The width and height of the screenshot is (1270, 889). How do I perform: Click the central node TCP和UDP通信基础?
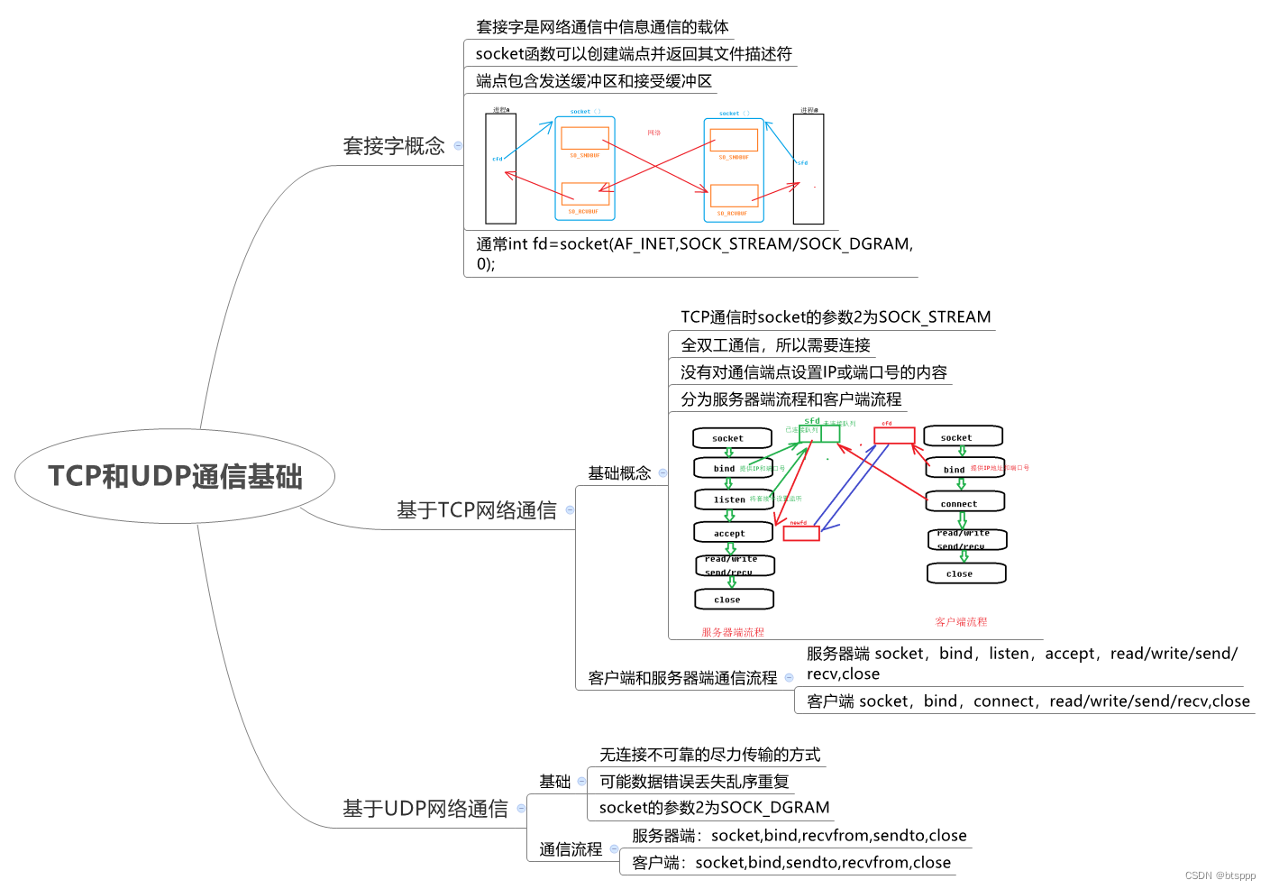[175, 476]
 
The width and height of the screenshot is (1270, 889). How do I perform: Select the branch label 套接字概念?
[394, 146]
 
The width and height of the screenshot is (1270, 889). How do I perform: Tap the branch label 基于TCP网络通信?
[476, 510]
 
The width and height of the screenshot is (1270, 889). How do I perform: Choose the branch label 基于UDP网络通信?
[425, 809]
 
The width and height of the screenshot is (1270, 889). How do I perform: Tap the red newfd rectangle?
[800, 533]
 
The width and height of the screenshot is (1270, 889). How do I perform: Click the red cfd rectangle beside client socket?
[894, 435]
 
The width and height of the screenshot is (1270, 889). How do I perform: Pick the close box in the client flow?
[964, 573]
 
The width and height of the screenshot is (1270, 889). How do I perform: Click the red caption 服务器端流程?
[733, 632]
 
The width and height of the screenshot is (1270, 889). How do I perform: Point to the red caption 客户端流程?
[961, 621]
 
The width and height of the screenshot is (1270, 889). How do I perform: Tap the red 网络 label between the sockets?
[653, 133]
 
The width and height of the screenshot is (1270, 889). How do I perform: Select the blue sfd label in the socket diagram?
[802, 163]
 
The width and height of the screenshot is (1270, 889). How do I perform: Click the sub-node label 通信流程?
[571, 849]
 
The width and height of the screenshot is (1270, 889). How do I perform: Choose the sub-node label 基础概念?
[619, 473]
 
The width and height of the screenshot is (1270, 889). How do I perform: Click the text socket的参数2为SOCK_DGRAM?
[714, 808]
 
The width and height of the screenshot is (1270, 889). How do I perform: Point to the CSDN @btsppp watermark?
[1220, 875]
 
